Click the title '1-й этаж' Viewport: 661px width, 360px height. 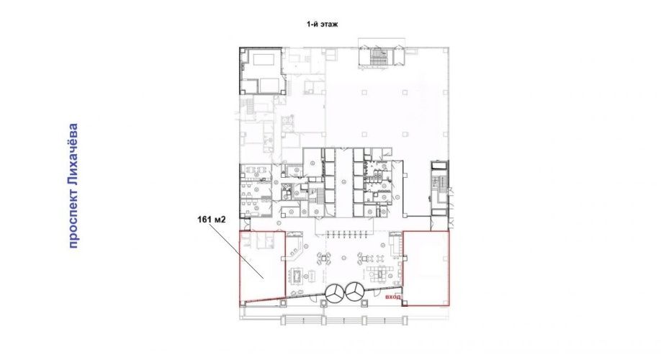coord(322,24)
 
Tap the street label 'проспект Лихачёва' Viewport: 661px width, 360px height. coord(73,186)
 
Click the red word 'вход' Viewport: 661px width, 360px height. coord(393,297)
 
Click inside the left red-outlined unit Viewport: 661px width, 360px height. coord(262,266)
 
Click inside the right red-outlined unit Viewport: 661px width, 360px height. coord(426,268)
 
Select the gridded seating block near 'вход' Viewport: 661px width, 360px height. coord(377,273)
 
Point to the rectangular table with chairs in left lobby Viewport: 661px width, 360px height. coord(296,275)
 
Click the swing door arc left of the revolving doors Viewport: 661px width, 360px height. coord(315,299)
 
